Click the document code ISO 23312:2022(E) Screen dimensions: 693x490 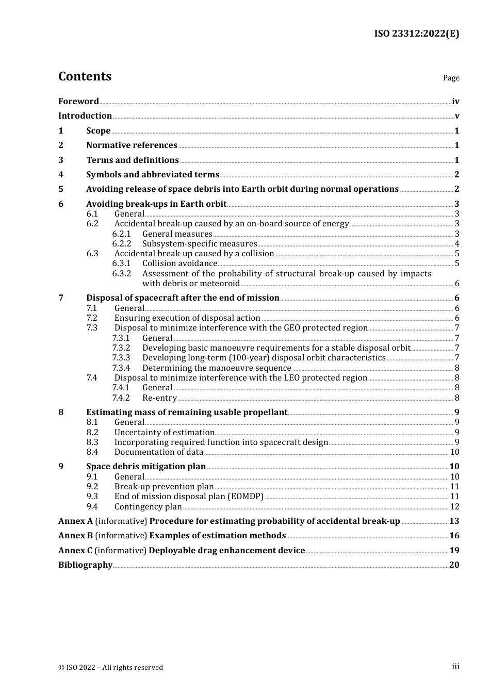tap(416, 34)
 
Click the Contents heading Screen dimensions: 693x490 tap(85, 76)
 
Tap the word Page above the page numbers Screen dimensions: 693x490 tap(451, 78)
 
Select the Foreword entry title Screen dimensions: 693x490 tap(78, 102)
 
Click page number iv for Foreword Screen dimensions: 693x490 tap(455, 102)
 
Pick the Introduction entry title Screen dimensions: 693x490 tap(85, 116)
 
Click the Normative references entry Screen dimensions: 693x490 tap(132, 145)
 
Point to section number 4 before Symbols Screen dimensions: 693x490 tap(61, 175)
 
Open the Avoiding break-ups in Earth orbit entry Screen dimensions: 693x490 tap(156, 204)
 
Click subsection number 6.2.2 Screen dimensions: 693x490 tap(122, 244)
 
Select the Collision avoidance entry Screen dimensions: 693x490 tap(179, 263)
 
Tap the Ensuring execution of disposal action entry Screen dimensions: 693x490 tap(187, 318)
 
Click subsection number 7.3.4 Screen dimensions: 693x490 tap(121, 368)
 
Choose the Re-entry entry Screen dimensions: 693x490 tap(159, 398)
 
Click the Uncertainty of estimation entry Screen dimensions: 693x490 tap(164, 433)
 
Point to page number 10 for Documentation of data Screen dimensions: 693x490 tap(454, 452)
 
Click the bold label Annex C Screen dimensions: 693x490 tap(75, 551)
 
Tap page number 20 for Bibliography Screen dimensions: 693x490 tap(454, 565)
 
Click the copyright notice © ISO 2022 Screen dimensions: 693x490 tap(110, 668)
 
